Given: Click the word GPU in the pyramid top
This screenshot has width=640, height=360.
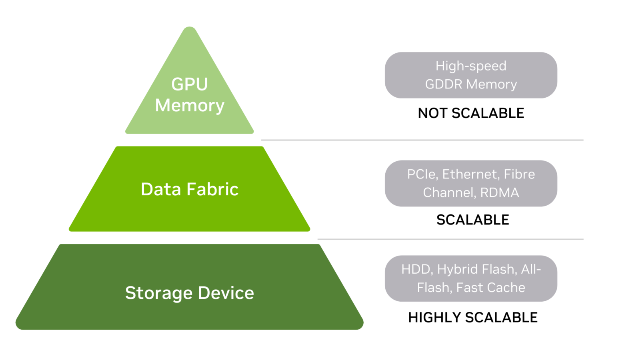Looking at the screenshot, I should click(x=190, y=84).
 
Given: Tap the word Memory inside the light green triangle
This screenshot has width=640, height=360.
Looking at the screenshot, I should click(x=190, y=106).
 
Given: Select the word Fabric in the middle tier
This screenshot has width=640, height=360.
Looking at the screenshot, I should click(x=212, y=189).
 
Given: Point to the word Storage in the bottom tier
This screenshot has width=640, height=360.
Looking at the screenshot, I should click(x=159, y=293).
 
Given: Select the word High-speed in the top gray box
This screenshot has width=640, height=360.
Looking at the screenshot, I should click(x=471, y=66).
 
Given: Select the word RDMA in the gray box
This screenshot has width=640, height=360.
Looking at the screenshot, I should click(x=499, y=193).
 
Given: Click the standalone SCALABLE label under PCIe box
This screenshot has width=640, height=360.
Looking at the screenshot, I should click(x=472, y=220).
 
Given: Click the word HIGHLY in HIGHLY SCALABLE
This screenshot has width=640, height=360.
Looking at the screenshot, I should click(x=434, y=318).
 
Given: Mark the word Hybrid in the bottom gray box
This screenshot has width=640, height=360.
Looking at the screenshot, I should click(x=457, y=269).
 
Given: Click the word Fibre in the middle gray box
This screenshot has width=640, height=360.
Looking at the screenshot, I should click(x=519, y=174).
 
